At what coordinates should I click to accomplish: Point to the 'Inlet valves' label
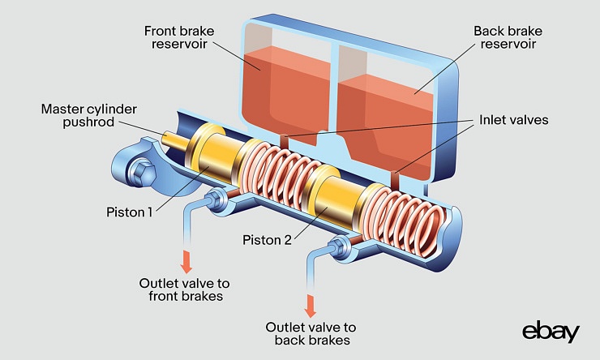[513, 119]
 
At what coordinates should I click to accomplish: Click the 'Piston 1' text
[131, 212]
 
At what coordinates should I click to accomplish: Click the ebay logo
[551, 332]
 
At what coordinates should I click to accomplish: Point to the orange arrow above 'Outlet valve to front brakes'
[186, 261]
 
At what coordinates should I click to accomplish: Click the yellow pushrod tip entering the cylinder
[173, 141]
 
